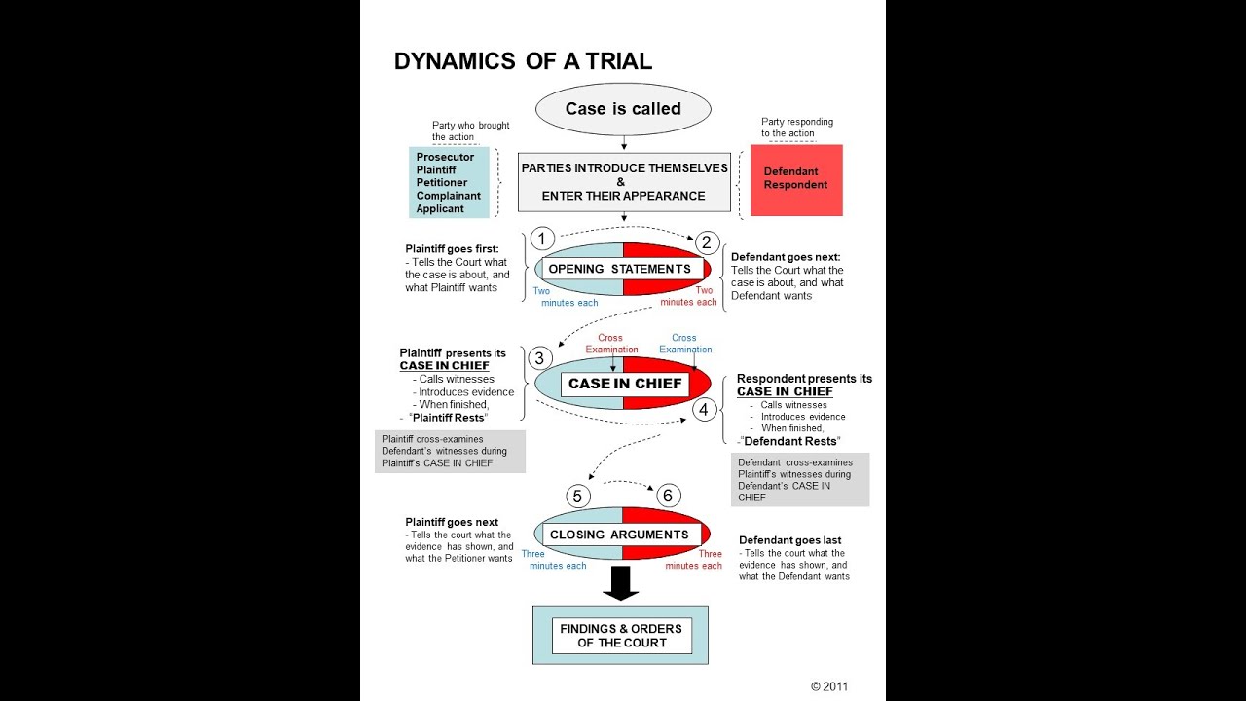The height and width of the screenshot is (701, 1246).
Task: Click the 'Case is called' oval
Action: [623, 109]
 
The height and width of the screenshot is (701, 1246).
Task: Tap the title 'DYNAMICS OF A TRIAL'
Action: [523, 61]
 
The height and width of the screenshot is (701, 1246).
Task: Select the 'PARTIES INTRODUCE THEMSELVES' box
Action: [624, 182]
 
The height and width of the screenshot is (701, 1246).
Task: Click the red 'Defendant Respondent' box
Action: [796, 180]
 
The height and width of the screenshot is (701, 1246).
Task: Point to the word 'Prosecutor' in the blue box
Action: [445, 157]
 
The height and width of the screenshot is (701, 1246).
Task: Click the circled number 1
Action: [542, 239]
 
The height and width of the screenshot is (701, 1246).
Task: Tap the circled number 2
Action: [707, 243]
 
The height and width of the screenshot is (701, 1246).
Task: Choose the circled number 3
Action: [539, 357]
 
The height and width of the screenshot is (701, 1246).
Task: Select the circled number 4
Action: [705, 410]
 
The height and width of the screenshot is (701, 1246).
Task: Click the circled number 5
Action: [577, 497]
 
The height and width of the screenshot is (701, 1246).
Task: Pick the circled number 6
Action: [668, 496]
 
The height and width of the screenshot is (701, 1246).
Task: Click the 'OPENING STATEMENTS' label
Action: [620, 269]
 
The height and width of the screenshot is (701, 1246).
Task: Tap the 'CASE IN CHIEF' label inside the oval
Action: [625, 384]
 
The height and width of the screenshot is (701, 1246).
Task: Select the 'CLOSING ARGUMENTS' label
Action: [619, 535]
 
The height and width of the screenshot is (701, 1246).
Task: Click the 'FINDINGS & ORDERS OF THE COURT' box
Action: [620, 636]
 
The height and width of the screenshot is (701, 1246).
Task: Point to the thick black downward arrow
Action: [620, 582]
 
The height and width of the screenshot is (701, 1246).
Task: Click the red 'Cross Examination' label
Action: [611, 344]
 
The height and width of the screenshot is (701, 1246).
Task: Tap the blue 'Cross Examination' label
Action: [685, 344]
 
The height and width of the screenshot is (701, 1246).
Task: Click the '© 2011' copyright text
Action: [829, 686]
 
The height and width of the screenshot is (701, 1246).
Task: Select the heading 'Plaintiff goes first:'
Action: [452, 249]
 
